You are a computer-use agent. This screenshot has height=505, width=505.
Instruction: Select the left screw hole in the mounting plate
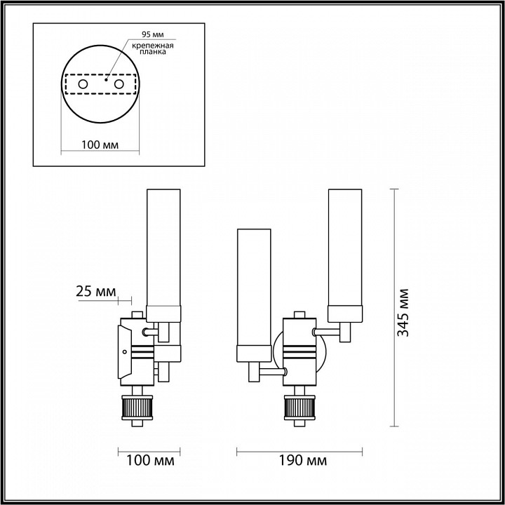[x=83, y=84]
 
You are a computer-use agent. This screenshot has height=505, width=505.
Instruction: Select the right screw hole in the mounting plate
[x=119, y=84]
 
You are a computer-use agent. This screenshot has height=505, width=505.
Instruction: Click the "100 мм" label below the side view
[x=149, y=461]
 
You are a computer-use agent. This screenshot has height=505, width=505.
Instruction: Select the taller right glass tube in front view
[x=345, y=252]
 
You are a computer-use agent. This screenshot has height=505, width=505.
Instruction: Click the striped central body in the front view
[x=299, y=351]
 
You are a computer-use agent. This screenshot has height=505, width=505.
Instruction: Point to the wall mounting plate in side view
[x=124, y=355]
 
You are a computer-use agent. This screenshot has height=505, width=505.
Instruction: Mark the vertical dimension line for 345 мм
[x=394, y=309]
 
